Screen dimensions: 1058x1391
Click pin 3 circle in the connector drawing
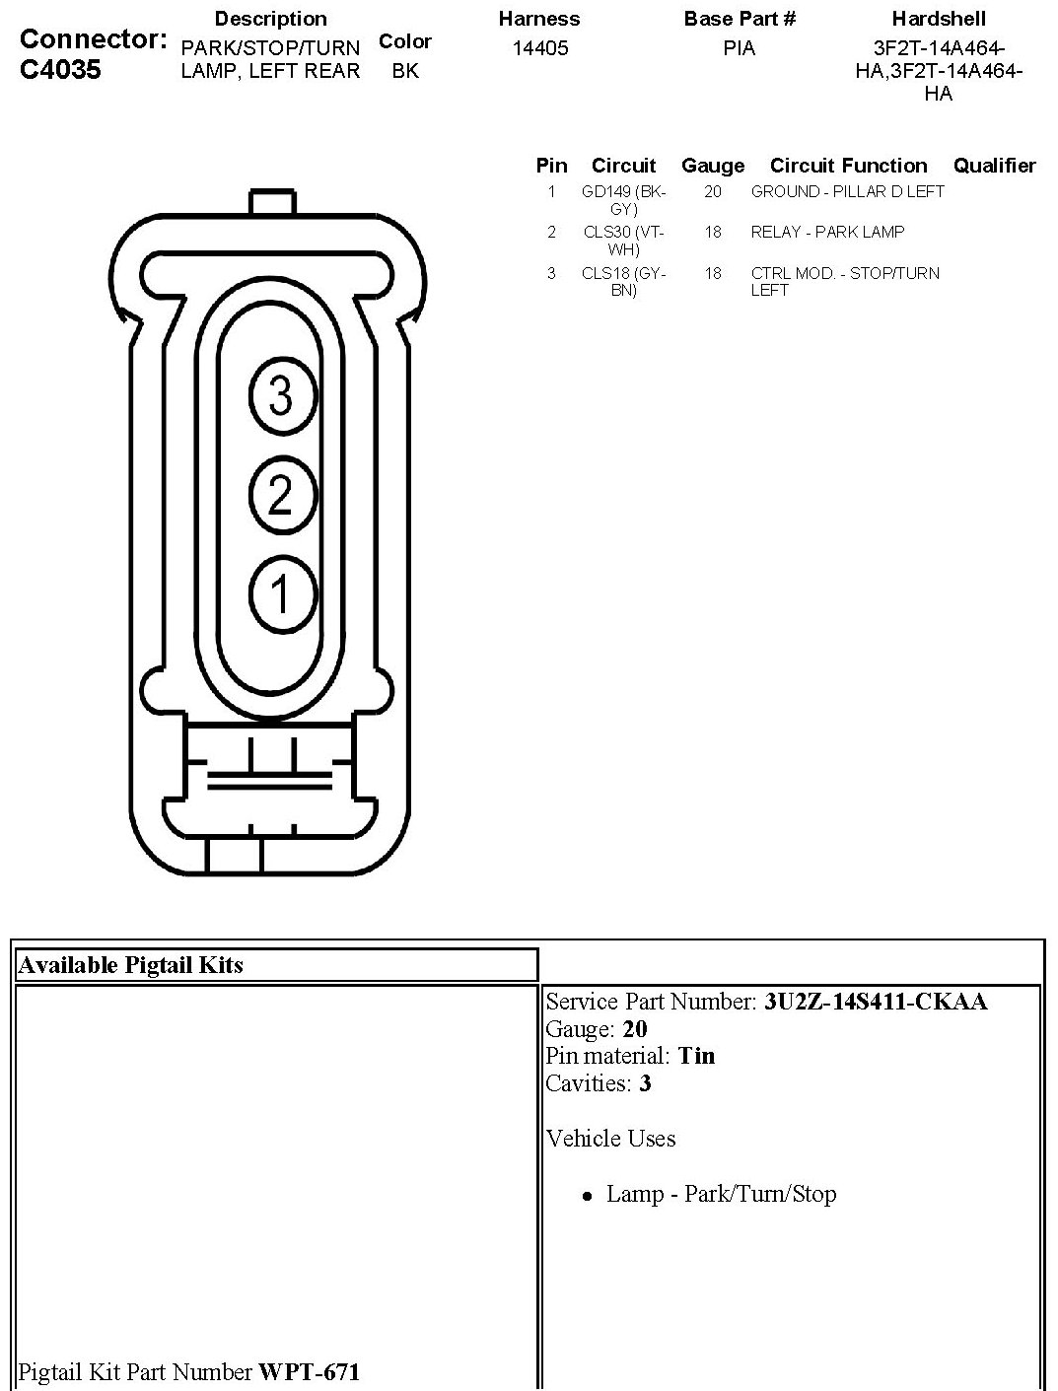tap(281, 396)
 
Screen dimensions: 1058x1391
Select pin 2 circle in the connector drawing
tap(281, 494)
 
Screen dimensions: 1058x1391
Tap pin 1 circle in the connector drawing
tap(281, 594)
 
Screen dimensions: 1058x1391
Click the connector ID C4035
tap(60, 70)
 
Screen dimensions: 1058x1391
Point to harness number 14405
tap(540, 48)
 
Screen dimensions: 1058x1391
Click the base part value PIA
tap(739, 48)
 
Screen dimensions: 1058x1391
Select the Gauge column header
tap(712, 166)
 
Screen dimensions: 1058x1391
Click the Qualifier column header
tap(994, 166)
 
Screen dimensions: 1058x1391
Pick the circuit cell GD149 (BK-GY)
tap(623, 200)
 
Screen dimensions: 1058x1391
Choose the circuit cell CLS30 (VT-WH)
tap(623, 241)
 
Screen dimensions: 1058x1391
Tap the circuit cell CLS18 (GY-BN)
tap(623, 282)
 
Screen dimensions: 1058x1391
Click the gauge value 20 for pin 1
tap(712, 192)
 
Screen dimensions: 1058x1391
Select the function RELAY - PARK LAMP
tap(826, 233)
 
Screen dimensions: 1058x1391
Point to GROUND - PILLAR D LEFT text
tap(847, 192)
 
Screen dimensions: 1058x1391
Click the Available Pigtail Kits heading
tap(131, 965)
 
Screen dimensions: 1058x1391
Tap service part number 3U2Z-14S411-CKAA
tap(875, 1002)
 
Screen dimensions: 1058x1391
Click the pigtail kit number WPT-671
tap(309, 1371)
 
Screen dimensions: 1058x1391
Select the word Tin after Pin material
tap(696, 1056)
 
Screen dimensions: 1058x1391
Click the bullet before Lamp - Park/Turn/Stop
tap(587, 1196)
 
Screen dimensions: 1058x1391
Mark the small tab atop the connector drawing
tap(272, 202)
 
